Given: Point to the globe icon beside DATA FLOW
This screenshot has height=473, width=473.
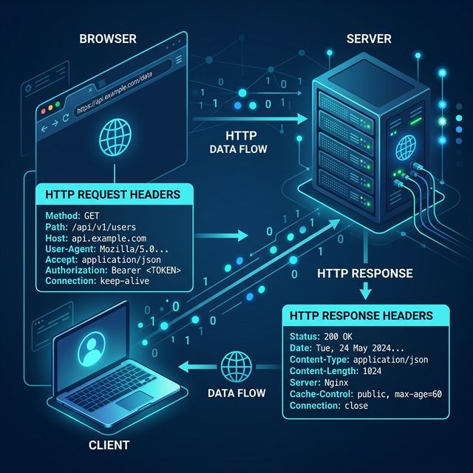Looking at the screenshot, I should coord(237,364).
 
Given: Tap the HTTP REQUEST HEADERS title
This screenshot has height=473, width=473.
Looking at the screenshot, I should coord(113,195).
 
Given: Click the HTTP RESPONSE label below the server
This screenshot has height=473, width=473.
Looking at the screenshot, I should coord(364,273).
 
